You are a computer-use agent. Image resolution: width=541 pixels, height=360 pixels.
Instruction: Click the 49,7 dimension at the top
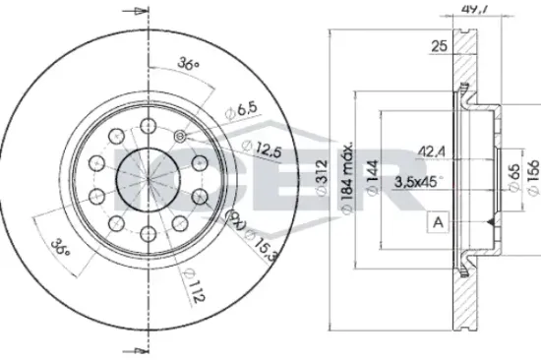474,9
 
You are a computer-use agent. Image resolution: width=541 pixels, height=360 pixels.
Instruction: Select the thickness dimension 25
440,46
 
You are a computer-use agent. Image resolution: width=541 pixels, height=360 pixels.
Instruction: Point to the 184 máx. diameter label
347,179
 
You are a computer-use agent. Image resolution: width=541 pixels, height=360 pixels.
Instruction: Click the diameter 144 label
372,178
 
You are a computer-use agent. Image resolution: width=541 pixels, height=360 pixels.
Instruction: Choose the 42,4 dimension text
432,151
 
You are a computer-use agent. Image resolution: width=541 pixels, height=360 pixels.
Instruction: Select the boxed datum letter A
438,222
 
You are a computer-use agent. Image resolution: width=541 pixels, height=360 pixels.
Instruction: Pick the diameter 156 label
533,178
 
